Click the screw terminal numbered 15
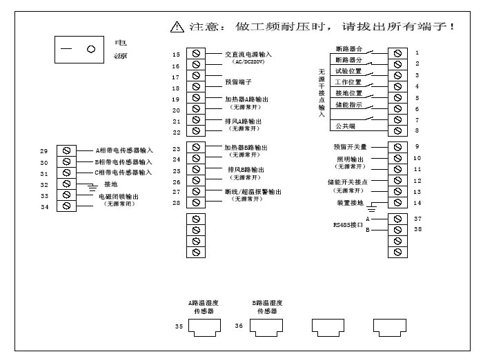point(197,54)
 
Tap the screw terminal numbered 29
point(68,150)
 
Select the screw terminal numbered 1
point(397,52)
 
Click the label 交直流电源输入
point(248,54)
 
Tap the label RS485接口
point(348,224)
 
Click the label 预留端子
point(238,81)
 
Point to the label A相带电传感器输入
point(124,150)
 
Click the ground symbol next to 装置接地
point(371,206)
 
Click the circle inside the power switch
point(90,50)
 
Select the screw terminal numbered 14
point(397,203)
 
